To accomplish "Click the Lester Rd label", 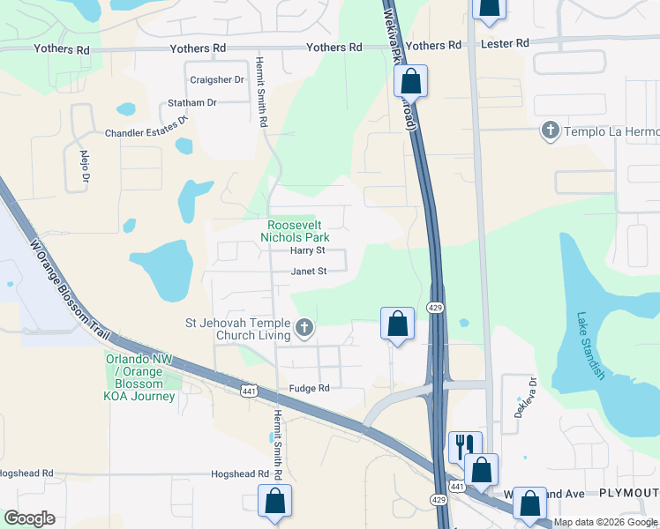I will [505, 43].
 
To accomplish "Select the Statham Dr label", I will [191, 103].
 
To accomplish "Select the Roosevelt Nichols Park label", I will [298, 232].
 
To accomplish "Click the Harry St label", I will [308, 251].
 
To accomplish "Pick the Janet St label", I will [309, 272].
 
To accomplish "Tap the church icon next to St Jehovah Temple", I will [304, 329].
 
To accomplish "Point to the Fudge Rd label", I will [309, 388].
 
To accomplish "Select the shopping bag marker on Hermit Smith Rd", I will [274, 500].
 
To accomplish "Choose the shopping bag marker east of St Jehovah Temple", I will [398, 323].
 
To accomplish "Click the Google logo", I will [29, 518].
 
